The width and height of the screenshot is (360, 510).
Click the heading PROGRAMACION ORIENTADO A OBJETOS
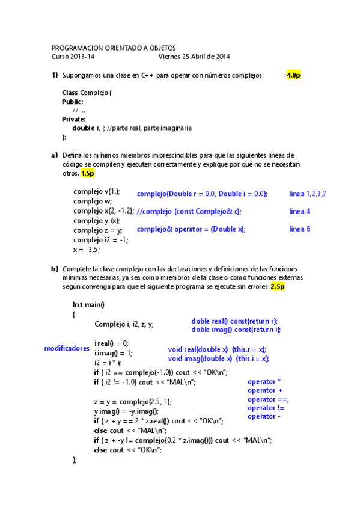pos(114,48)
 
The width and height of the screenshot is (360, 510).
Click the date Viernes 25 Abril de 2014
pos(194,57)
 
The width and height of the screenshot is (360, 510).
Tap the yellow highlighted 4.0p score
pos(293,75)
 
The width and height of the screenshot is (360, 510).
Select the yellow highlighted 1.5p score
pos(88,173)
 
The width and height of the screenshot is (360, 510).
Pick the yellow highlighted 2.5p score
pos(277,287)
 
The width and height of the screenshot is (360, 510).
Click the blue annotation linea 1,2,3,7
pos(308,194)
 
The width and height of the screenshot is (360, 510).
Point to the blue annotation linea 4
pos(299,211)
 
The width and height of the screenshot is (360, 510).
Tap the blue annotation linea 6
pos(299,229)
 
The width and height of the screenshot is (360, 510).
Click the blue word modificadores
pos(67,348)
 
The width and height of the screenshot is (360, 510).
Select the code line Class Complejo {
pos(87,93)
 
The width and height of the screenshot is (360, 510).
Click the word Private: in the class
pos(74,119)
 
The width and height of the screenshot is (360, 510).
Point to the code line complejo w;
pos(93,201)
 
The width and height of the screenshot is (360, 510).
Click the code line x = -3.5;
pos(87,250)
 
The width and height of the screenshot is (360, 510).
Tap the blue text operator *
pos(264,382)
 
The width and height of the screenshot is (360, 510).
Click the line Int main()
pos(88,304)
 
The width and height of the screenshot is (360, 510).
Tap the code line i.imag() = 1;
pos(114,353)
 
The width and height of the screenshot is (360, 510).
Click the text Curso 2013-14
pos(73,57)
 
